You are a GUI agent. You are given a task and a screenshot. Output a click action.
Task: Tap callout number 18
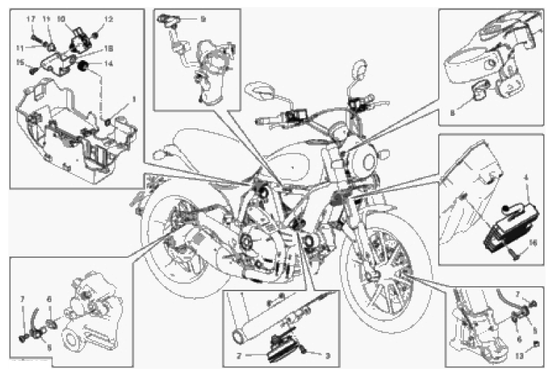[x=109, y=49]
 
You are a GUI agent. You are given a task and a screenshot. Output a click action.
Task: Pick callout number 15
[x=22, y=62]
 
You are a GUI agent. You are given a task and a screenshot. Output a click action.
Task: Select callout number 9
[x=202, y=19]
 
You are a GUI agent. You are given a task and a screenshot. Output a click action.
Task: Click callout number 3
[x=328, y=355]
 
